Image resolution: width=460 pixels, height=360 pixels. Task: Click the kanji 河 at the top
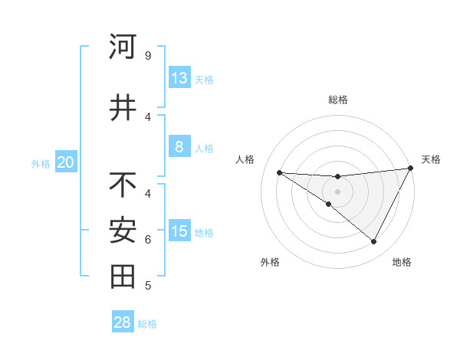123,47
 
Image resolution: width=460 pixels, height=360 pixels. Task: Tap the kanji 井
123,108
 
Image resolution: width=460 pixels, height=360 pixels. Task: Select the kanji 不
123,185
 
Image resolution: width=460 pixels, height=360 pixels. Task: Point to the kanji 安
123,231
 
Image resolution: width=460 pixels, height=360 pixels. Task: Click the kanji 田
123,277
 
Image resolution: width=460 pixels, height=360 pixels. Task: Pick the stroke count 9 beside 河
147,55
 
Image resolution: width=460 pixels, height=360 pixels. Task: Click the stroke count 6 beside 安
147,239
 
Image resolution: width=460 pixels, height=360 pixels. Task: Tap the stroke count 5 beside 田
147,286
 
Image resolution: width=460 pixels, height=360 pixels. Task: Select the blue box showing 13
179,78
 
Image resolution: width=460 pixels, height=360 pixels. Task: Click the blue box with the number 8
179,147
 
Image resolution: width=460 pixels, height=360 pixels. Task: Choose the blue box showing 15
179,231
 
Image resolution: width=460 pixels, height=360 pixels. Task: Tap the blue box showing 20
66,162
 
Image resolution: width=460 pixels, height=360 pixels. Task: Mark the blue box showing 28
123,322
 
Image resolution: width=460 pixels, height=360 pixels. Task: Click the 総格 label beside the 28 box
147,324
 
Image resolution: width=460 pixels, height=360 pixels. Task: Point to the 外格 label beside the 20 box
41,164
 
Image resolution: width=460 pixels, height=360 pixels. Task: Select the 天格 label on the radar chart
431,159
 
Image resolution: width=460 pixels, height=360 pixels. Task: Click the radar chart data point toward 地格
374,242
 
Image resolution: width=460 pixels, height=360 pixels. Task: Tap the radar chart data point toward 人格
279,172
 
